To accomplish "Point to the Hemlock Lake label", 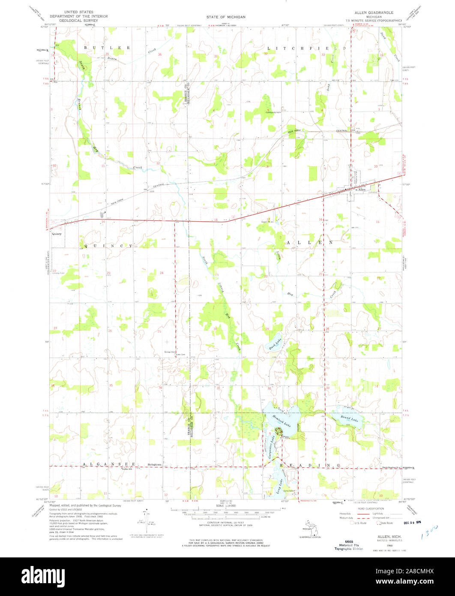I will click(x=281, y=421).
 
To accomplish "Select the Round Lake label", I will click(x=349, y=418).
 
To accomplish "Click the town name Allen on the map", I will click(x=362, y=189).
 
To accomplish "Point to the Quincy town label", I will click(x=57, y=234).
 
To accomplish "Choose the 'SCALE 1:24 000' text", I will click(x=226, y=506).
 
